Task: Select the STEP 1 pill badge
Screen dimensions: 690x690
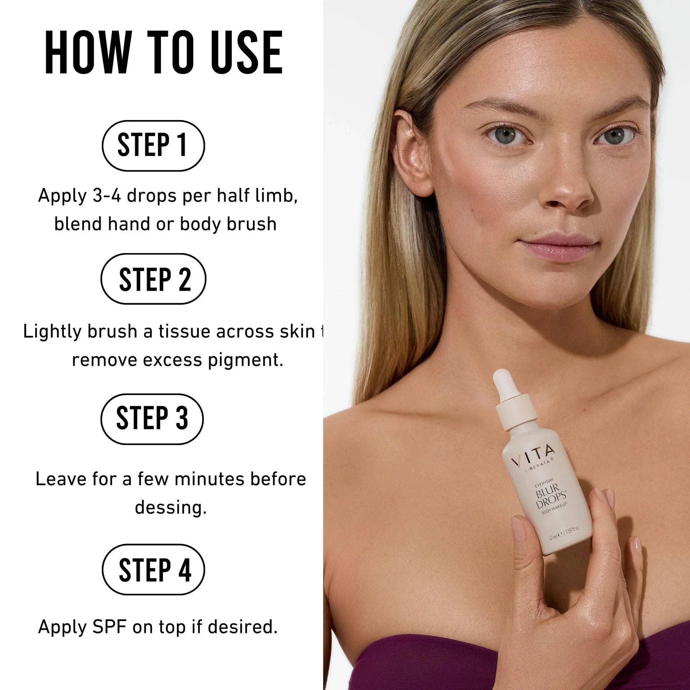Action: click(x=153, y=146)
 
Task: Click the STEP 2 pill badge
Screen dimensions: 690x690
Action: click(x=153, y=279)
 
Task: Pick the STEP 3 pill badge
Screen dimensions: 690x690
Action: click(x=152, y=419)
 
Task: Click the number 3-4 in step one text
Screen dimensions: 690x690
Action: click(x=107, y=196)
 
